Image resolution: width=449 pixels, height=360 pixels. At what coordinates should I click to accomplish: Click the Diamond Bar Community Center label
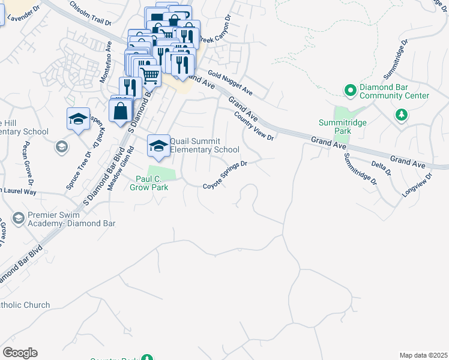(x=394, y=91)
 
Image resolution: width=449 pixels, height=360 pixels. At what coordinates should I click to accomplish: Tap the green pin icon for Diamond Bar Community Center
(x=351, y=91)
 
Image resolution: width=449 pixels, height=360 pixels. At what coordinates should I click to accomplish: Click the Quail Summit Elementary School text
(x=205, y=146)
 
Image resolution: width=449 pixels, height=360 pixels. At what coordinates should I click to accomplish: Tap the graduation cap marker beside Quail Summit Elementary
(x=158, y=146)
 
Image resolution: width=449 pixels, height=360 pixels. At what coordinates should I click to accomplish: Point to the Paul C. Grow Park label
(x=149, y=183)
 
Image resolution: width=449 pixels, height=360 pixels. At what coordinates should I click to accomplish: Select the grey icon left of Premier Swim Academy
(x=19, y=218)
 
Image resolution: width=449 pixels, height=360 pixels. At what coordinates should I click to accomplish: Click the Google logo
(x=20, y=353)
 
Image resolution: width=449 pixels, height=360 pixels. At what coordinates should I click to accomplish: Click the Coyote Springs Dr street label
(x=225, y=176)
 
